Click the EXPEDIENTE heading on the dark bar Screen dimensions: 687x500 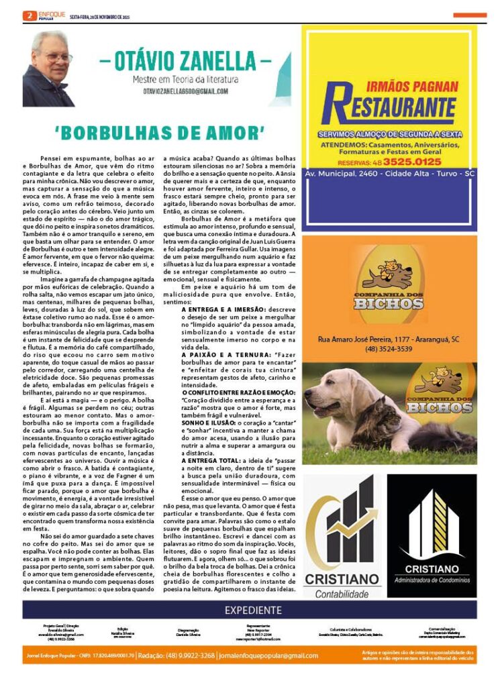pyautogui.click(x=253, y=610)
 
